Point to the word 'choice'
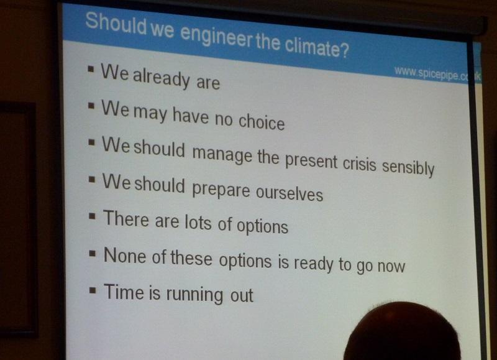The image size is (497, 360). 262,121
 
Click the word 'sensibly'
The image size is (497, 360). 408,167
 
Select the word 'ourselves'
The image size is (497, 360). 289,192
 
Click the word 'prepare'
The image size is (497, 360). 221,190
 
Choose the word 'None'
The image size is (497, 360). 125,256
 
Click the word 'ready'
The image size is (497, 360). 313,263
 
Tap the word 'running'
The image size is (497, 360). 194,294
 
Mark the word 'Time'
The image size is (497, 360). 124,292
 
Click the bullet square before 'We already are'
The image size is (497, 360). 91,69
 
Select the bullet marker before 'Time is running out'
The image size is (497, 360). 93,290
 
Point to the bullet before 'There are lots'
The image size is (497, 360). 92,216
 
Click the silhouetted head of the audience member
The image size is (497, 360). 402,331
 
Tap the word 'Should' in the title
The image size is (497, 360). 116,24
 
